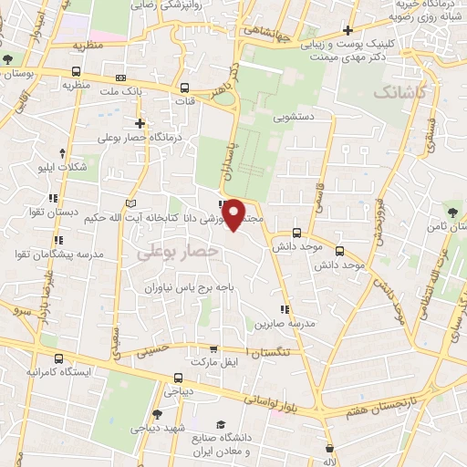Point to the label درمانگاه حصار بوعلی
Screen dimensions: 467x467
(x=140, y=138)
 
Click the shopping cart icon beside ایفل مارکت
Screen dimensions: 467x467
(x=213, y=348)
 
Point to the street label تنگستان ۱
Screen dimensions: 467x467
(x=271, y=350)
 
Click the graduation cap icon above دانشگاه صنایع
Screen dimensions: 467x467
(x=220, y=425)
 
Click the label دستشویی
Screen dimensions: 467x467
(x=294, y=117)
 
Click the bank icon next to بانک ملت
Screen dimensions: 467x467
(x=122, y=79)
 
